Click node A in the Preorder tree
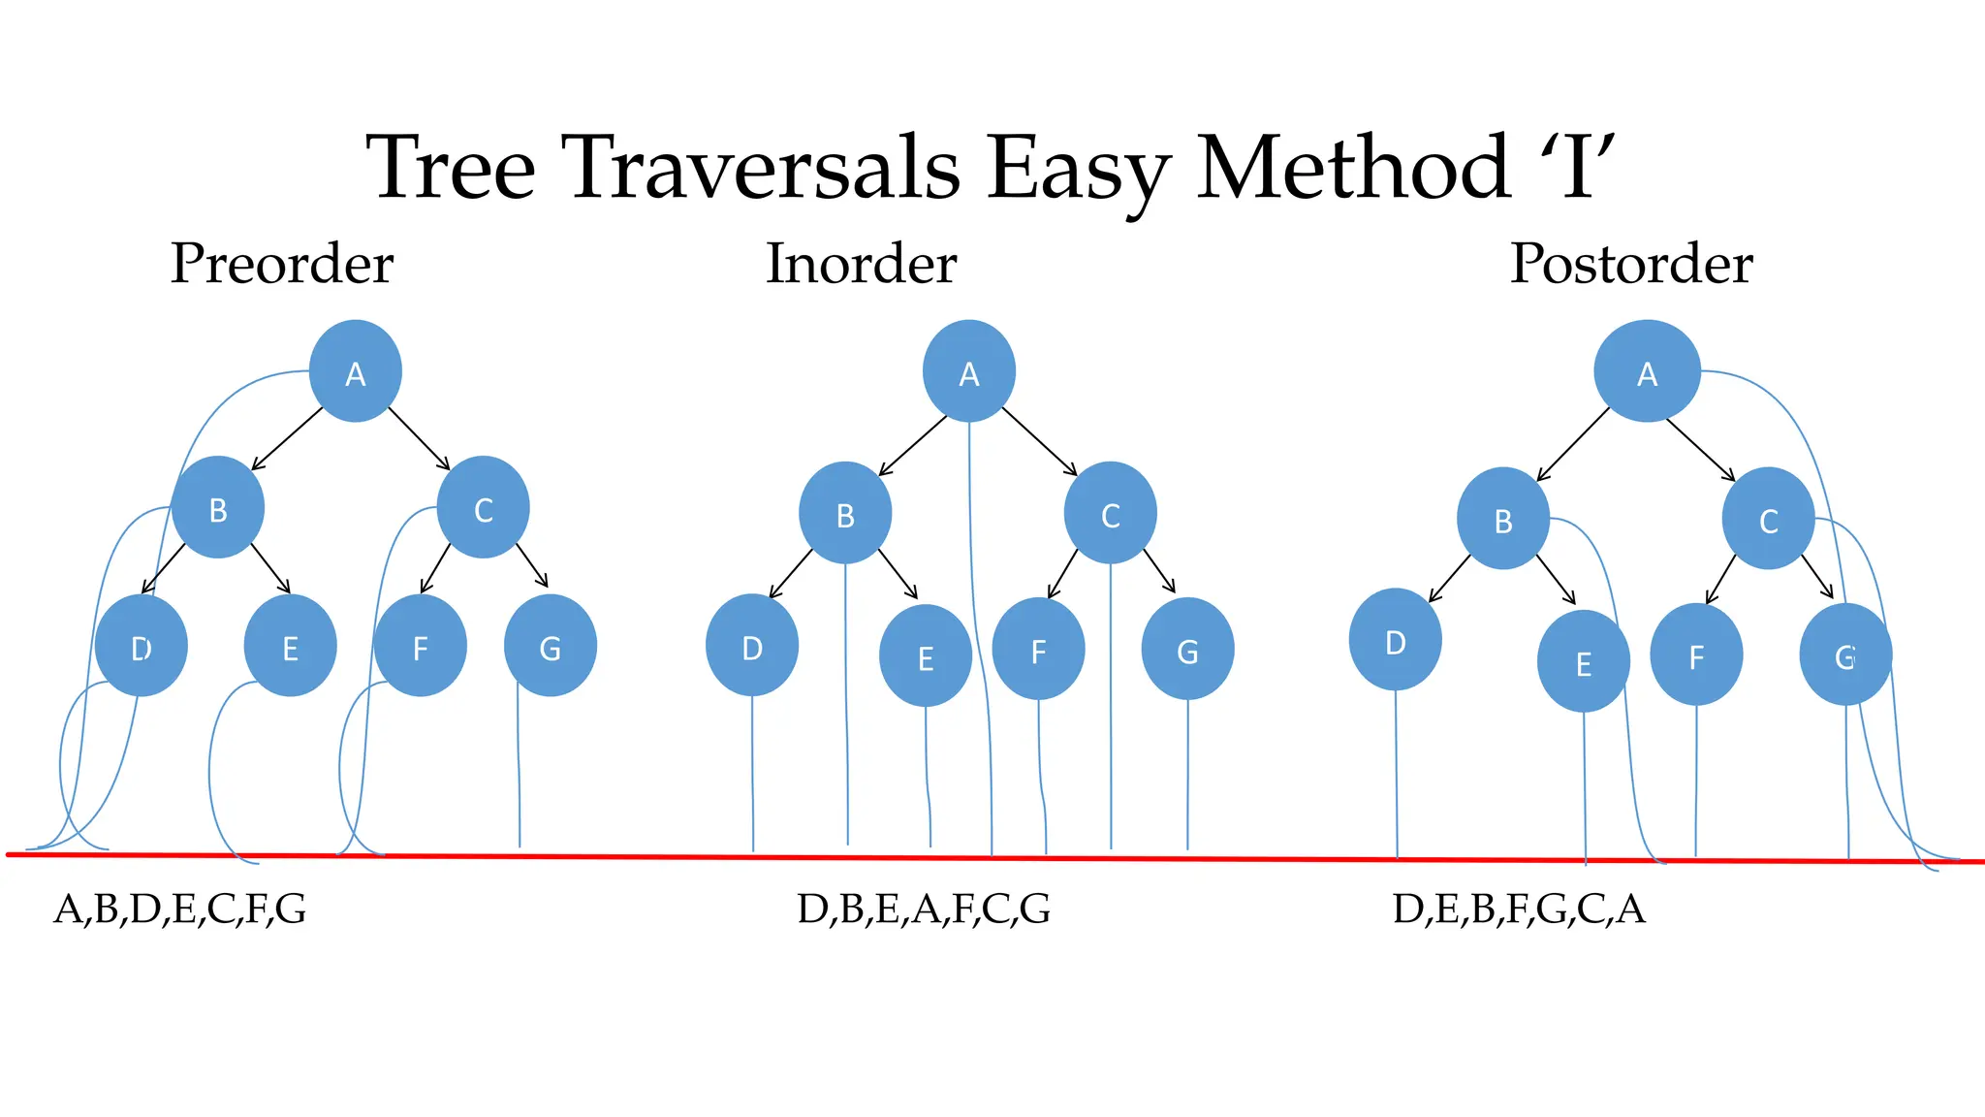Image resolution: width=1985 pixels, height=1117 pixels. [x=356, y=371]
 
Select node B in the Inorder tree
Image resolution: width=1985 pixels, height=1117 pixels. [x=845, y=513]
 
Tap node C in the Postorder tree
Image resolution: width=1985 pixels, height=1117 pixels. [x=1768, y=519]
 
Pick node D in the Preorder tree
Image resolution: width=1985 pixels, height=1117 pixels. [x=142, y=646]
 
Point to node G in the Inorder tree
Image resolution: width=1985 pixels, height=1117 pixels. [x=1187, y=649]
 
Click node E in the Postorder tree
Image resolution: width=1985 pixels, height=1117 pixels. [x=1583, y=661]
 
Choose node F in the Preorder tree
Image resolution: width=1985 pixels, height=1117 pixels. [x=420, y=646]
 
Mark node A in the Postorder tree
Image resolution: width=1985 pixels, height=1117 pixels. [x=1647, y=371]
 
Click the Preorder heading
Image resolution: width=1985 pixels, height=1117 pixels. [x=282, y=263]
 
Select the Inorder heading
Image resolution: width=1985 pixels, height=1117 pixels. [x=862, y=263]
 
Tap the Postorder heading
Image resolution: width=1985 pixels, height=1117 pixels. [x=1631, y=263]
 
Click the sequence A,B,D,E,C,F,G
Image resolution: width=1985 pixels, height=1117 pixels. [x=180, y=909]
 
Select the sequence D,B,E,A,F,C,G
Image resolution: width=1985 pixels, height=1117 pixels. [x=924, y=909]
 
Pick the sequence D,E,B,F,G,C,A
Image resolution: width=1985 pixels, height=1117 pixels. [x=1519, y=909]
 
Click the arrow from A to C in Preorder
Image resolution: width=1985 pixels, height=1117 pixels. [x=420, y=438]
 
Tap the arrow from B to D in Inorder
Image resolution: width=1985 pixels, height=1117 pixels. [x=791, y=574]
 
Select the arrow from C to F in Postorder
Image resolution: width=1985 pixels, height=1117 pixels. [x=1720, y=579]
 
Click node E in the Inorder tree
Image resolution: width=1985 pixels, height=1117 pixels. [x=925, y=655]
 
